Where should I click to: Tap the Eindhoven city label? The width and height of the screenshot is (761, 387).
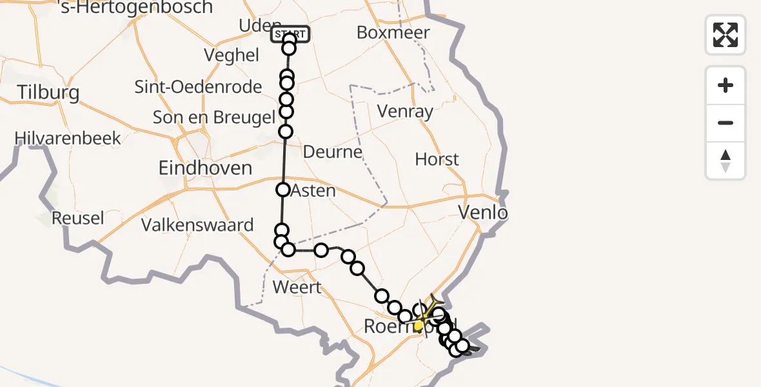click(206, 168)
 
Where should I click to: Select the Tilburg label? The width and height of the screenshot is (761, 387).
click(48, 92)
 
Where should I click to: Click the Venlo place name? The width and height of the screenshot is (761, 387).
click(483, 212)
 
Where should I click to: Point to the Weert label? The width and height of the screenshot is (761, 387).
click(297, 286)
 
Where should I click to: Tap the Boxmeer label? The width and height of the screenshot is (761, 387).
click(393, 32)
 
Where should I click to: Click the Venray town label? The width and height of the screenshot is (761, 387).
click(405, 112)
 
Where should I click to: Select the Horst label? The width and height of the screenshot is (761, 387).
click(437, 159)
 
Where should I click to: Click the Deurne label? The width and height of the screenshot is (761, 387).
click(333, 153)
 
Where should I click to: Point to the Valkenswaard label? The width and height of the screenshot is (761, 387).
click(197, 225)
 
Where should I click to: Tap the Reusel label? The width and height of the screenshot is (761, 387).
click(77, 218)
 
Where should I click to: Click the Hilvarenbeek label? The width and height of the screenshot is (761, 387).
click(68, 138)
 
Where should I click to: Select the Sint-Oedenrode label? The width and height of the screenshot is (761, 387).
click(198, 86)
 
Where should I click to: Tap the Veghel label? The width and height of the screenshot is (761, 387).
click(232, 55)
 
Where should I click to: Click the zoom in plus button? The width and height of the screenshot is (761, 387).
click(726, 85)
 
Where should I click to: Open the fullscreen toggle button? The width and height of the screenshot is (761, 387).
click(726, 35)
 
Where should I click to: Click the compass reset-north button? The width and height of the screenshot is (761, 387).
click(726, 160)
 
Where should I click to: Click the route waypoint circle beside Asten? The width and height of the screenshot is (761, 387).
click(283, 190)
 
